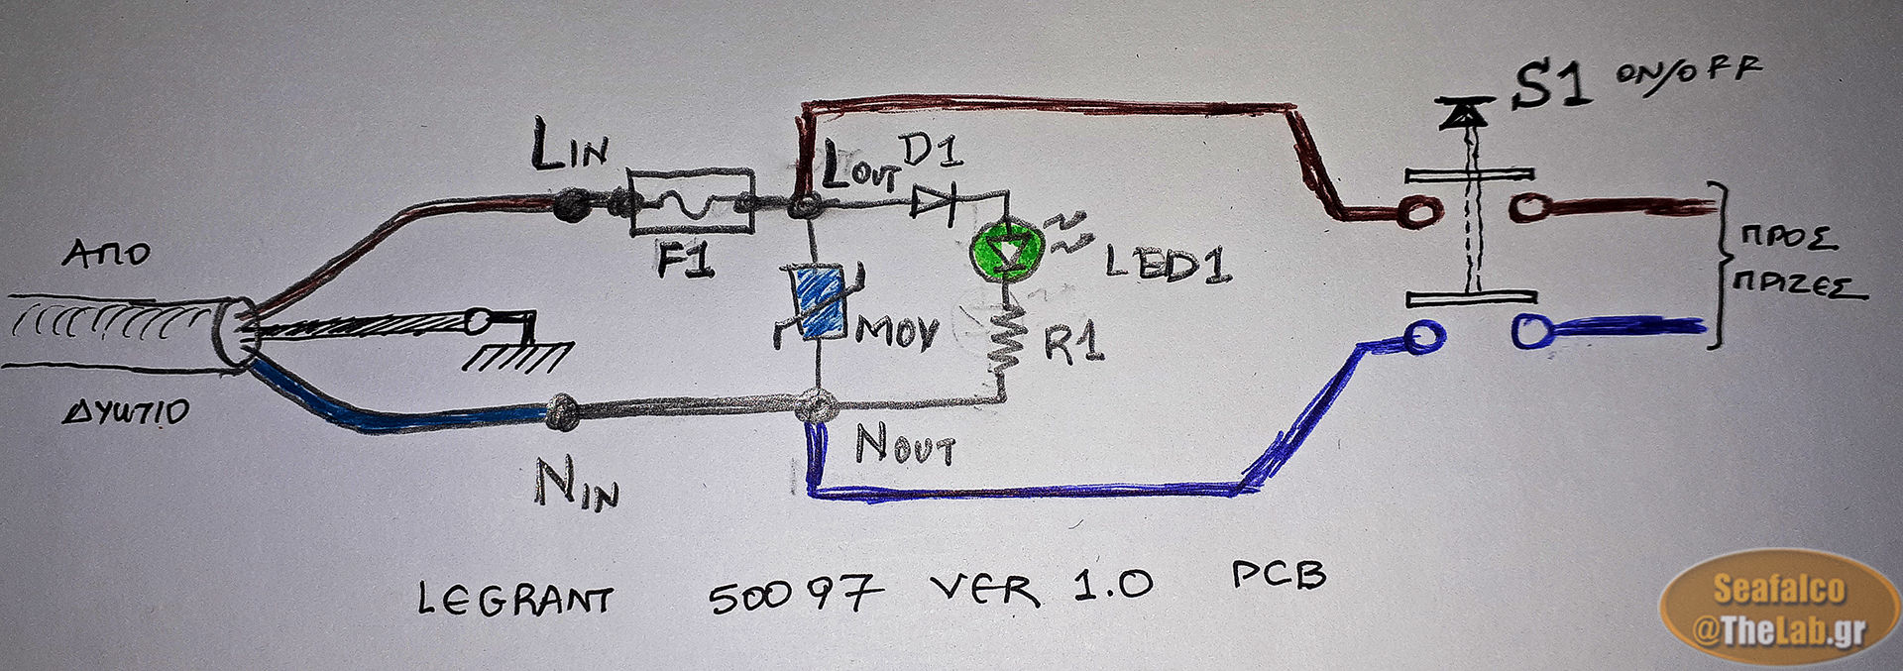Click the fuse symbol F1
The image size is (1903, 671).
tap(692, 203)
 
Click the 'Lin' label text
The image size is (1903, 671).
tap(569, 147)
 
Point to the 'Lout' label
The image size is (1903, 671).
tap(858, 168)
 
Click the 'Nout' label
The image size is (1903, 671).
tap(904, 445)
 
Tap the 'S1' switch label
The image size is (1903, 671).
tap(1551, 84)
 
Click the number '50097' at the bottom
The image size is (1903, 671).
tap(794, 594)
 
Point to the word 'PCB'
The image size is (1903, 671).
tap(1278, 575)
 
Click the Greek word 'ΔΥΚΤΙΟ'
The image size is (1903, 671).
tap(126, 411)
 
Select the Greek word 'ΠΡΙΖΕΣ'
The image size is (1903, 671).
tap(1798, 284)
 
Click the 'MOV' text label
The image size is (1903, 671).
tap(896, 332)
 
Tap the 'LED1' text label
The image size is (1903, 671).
tap(1168, 264)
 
